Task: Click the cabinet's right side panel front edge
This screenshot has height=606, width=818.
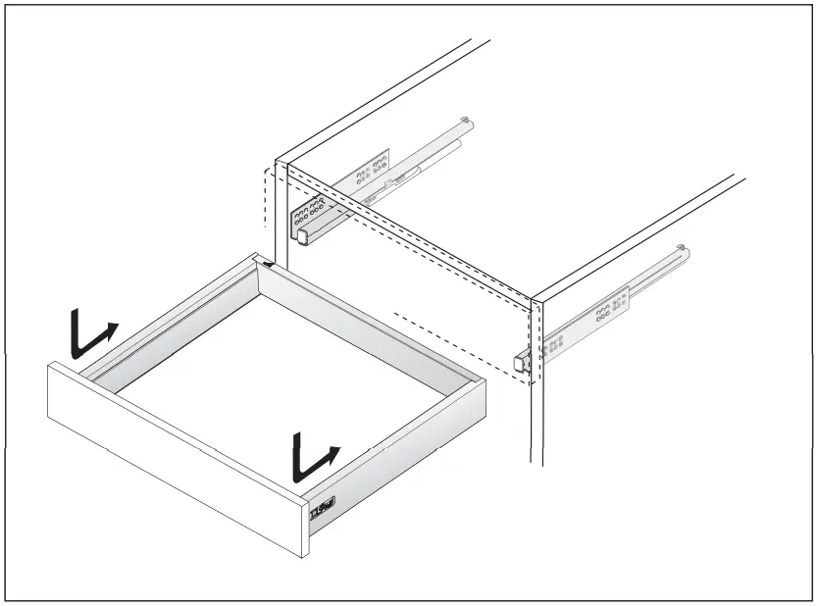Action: (x=536, y=412)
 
